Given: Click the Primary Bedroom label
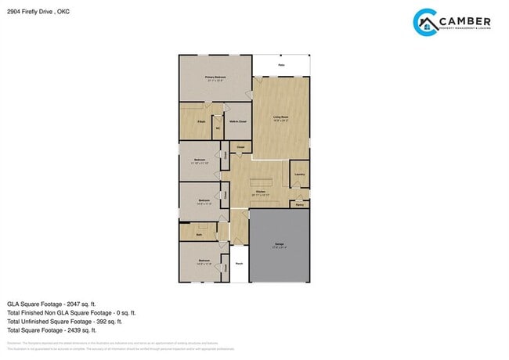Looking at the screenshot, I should click(215, 77).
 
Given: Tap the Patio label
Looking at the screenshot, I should click(281, 65).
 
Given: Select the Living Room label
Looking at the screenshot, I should click(280, 117).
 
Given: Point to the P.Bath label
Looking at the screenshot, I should click(201, 122).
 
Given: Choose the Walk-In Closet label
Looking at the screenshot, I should click(238, 122).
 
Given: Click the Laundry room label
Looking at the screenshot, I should click(298, 174).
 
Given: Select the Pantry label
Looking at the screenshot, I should click(299, 204).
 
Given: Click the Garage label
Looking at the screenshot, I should click(280, 245).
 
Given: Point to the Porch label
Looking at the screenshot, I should click(239, 264).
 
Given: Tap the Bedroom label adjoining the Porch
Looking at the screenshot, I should click(203, 261).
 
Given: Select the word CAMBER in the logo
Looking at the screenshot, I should click(467, 20).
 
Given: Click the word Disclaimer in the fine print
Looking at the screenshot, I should click(14, 344).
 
